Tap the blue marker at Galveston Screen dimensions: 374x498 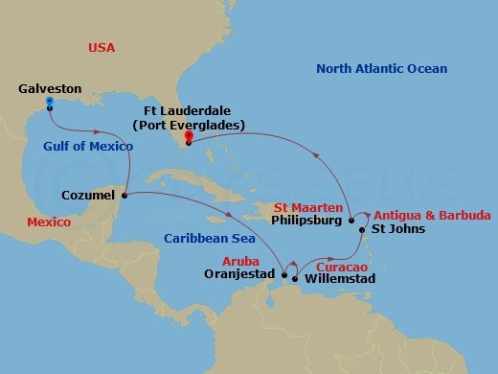pyautogui.click(x=50, y=102)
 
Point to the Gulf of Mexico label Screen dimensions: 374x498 pyautogui.click(x=87, y=147)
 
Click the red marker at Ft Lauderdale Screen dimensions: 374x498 pyautogui.click(x=189, y=135)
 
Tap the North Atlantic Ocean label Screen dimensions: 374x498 pyautogui.click(x=382, y=69)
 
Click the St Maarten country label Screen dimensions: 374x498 pyautogui.click(x=307, y=205)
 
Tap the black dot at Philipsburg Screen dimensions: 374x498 pyautogui.click(x=351, y=219)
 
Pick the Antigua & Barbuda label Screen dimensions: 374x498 pyautogui.click(x=432, y=215)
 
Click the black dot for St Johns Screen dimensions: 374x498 pyautogui.click(x=361, y=230)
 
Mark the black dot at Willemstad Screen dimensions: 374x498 pyautogui.click(x=295, y=279)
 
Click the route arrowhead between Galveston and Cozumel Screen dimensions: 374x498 pyautogui.click(x=96, y=132)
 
